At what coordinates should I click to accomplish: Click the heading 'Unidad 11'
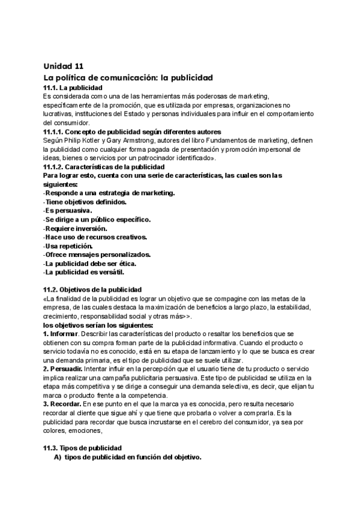point(64,66)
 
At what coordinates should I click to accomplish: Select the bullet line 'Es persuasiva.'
point(68,211)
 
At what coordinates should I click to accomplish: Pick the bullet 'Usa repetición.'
point(68,245)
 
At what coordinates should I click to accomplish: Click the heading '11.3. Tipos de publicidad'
point(82,448)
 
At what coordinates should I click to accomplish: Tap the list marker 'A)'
point(58,457)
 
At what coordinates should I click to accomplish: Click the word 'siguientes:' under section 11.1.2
point(60,184)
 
